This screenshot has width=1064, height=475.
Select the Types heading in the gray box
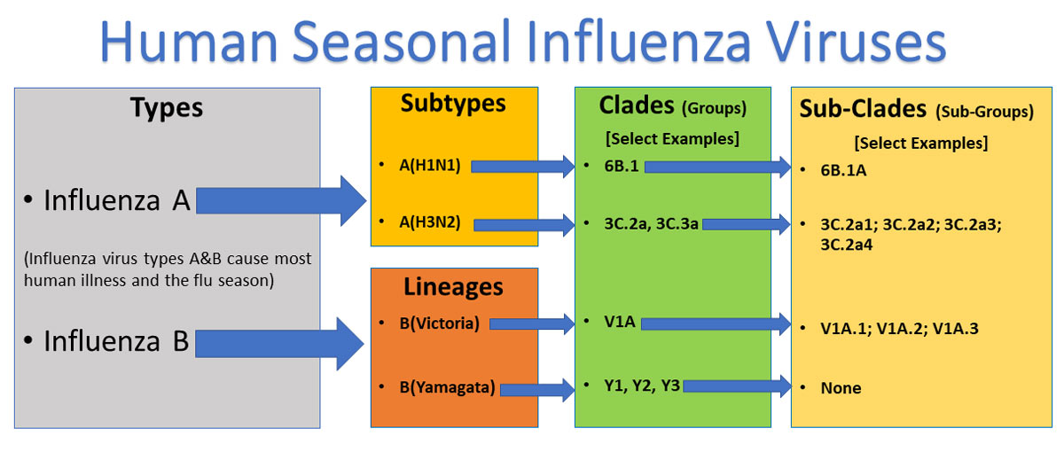[x=167, y=109]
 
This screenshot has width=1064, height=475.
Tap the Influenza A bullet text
[x=117, y=201]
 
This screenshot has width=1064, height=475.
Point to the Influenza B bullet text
[x=117, y=341]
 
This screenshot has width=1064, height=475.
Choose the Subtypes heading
[x=453, y=104]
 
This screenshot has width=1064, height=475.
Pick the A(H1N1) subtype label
[x=430, y=165]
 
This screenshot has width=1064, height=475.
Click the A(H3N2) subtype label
[x=430, y=222]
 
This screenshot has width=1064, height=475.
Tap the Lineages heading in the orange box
[x=453, y=287]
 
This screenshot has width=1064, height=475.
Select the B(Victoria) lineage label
[x=440, y=323]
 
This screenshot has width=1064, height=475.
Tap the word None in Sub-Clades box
[x=841, y=388]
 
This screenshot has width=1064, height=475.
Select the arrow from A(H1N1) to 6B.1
[x=524, y=165]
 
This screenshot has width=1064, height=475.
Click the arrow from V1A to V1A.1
[x=715, y=324]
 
